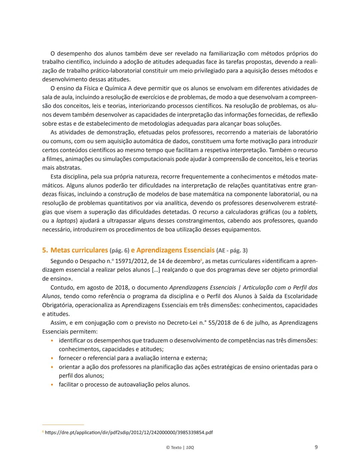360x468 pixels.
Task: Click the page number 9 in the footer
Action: pyautogui.click(x=316, y=447)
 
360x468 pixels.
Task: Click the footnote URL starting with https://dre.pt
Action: pyautogui.click(x=129, y=432)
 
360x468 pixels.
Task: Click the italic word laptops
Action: pyautogui.click(x=66, y=221)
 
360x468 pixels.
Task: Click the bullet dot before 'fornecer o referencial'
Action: pyautogui.click(x=52, y=358)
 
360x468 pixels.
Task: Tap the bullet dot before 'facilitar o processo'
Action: pyautogui.click(x=52, y=385)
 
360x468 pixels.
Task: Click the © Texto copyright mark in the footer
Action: pyautogui.click(x=174, y=447)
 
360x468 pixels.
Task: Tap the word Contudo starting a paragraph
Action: pyautogui.click(x=61, y=287)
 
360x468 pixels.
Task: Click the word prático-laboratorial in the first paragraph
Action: pyautogui.click(x=116, y=71)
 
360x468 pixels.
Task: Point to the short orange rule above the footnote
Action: pyautogui.click(x=63, y=425)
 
